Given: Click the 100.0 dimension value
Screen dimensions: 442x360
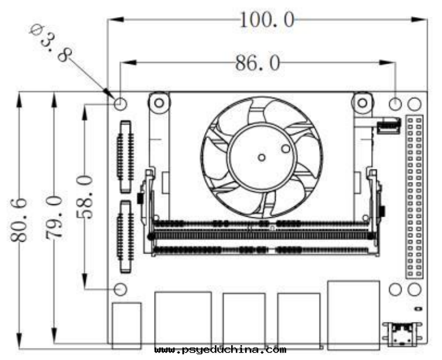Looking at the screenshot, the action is point(267,20).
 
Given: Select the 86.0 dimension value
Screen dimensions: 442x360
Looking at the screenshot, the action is point(258,63).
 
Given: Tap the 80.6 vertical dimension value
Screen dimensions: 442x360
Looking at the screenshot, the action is point(19,220).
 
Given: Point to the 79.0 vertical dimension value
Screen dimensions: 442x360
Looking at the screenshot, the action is point(54,217).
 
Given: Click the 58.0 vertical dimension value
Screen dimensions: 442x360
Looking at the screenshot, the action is point(85,197).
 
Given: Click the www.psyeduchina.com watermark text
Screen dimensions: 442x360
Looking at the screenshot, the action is point(220,350).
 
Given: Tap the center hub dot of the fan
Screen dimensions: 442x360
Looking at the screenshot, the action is point(261,158).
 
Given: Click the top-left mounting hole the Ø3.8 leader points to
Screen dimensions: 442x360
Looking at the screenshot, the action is point(120,104).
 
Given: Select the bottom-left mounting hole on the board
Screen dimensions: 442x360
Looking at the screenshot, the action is point(120,289).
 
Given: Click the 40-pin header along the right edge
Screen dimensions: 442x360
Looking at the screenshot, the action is point(414,196).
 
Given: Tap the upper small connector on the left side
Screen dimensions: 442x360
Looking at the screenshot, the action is point(126,157).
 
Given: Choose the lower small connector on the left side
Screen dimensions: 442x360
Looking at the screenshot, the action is point(126,237).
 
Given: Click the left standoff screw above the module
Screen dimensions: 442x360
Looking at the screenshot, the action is point(159,103).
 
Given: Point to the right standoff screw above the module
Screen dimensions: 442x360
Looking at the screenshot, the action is point(362,103).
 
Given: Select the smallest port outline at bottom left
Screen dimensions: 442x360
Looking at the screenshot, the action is point(127,325).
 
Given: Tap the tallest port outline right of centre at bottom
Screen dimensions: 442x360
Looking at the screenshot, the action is point(354,315).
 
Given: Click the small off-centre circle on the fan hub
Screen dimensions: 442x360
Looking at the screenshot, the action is point(286,148).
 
